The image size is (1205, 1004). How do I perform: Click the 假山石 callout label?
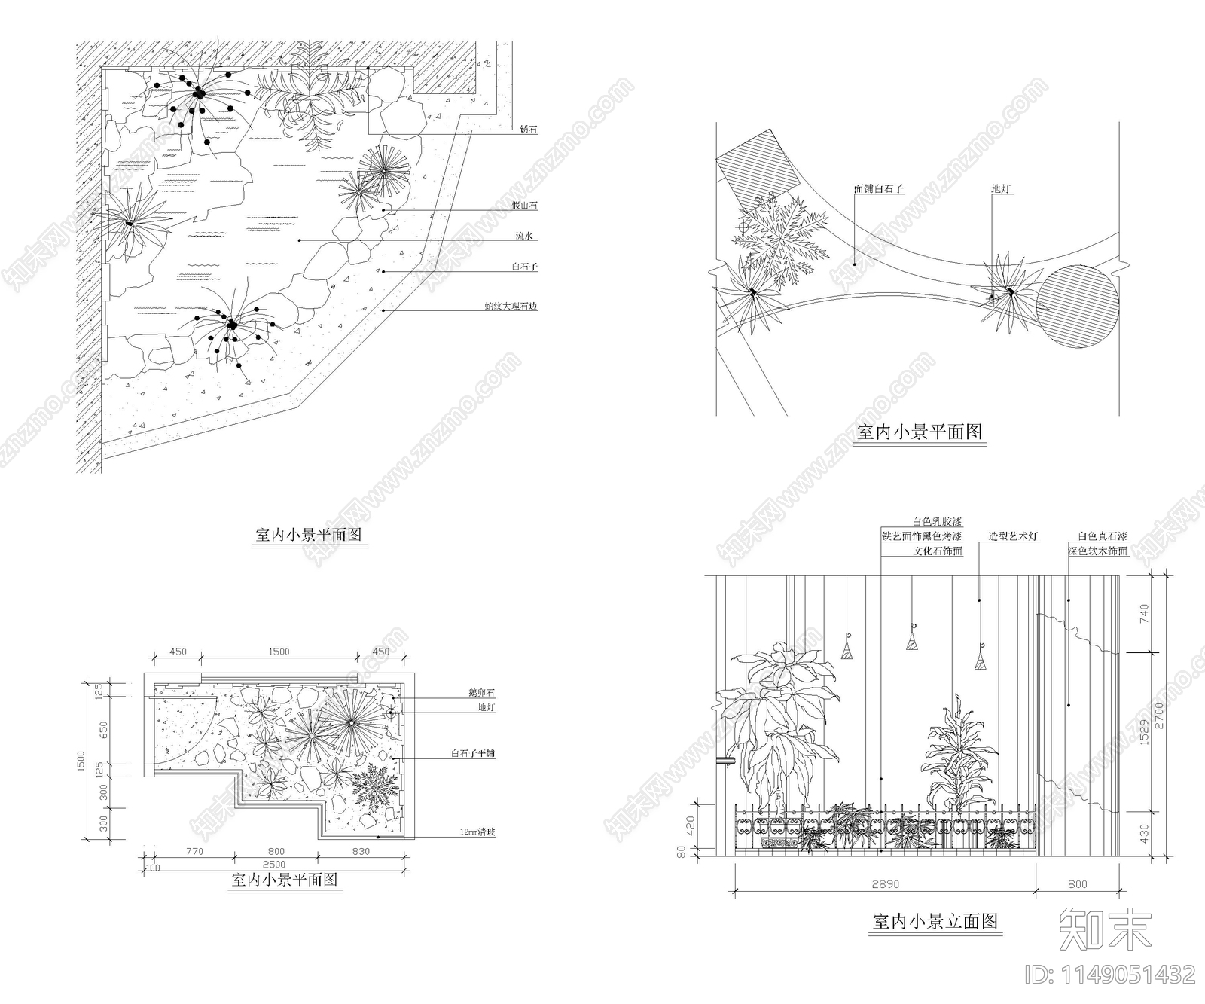pos(526,206)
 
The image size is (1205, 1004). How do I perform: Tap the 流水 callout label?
pos(525,237)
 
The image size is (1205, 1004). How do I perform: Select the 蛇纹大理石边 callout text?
pos(511,307)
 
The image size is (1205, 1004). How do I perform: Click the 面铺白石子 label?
pos(879,189)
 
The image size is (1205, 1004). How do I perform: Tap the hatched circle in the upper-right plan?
pos(1077,307)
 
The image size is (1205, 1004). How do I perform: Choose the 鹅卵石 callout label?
pos(481,692)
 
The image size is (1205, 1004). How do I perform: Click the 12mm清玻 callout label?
pos(477,832)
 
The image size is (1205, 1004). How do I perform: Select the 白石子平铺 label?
pos(473,753)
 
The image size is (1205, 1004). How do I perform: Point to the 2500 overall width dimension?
pos(274,864)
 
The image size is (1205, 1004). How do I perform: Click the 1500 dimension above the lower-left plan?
pos(279,652)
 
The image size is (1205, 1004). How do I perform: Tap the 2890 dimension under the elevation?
pos(885,884)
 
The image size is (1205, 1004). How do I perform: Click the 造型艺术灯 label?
pos(1014,536)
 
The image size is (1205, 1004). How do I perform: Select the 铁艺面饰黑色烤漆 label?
pos(922,536)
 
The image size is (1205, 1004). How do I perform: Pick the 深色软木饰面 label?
pos(1097,551)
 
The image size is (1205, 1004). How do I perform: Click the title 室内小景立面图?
pos(936,921)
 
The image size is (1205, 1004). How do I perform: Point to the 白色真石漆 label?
pos(1102,536)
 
